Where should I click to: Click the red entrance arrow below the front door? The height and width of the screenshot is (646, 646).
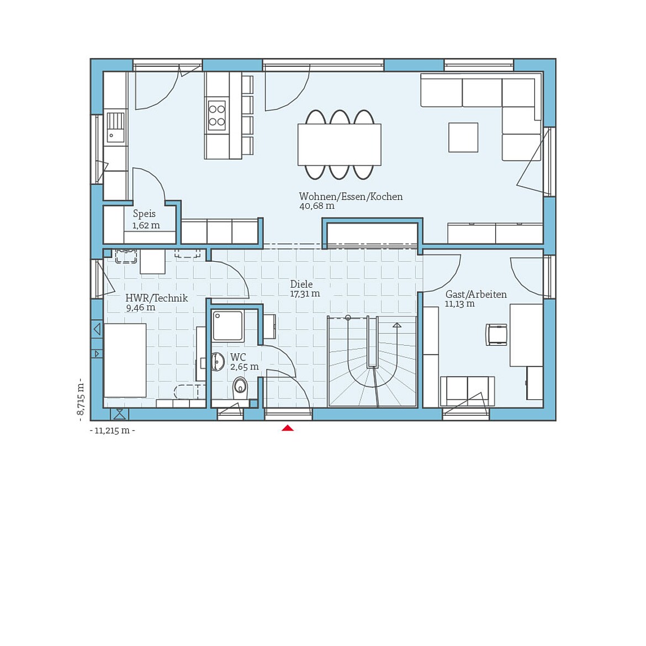[287, 428]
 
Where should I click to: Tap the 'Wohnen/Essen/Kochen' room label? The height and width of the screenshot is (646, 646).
[351, 197]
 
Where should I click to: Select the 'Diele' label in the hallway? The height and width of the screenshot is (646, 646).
[301, 284]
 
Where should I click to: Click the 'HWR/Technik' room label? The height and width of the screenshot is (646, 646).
[157, 298]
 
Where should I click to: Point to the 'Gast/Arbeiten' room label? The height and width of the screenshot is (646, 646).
[476, 294]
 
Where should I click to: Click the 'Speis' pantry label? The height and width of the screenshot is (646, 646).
[144, 214]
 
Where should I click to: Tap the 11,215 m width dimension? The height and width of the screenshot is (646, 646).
[113, 431]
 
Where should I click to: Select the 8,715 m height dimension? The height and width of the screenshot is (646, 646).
[81, 398]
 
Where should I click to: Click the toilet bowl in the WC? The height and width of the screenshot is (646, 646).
[240, 386]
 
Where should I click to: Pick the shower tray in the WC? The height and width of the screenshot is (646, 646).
[228, 326]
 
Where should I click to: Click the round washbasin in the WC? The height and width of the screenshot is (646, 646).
[218, 362]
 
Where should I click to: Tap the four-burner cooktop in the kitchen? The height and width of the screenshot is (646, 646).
[216, 115]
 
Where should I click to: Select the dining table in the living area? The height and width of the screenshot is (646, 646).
[339, 145]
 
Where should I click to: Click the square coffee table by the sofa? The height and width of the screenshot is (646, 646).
[463, 137]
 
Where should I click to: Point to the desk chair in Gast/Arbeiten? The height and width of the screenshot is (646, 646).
[497, 335]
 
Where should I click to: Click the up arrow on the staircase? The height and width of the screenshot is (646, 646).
[396, 326]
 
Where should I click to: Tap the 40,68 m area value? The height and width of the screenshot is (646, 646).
[316, 206]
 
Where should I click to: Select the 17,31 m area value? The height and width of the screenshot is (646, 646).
[305, 294]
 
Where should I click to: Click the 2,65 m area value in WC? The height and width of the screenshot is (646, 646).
[244, 367]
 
